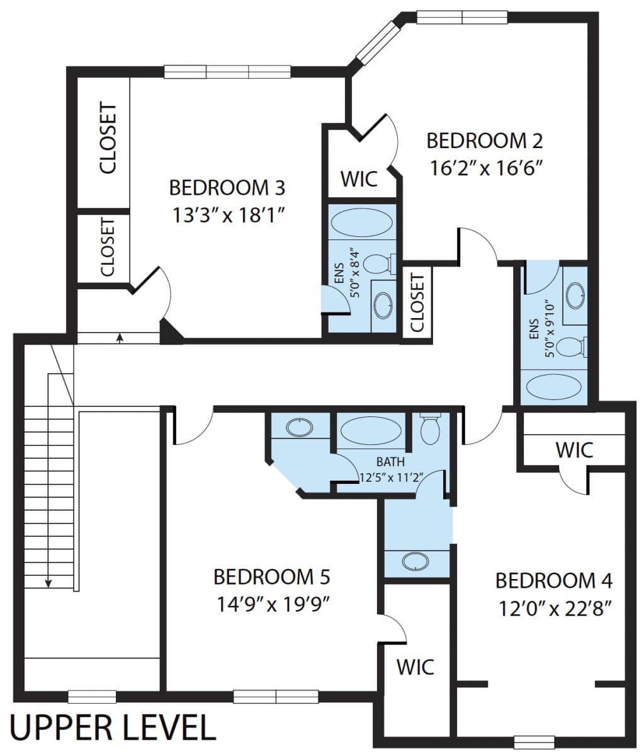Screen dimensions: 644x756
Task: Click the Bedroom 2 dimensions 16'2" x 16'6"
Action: coord(485,169)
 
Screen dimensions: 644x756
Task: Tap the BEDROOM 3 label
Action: coord(227,188)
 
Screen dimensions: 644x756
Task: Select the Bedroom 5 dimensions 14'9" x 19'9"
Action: coord(273,605)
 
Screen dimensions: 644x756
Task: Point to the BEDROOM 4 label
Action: coord(554,581)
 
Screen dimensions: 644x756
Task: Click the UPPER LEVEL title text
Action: coord(113,728)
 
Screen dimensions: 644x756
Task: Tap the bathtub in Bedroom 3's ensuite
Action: coord(361,222)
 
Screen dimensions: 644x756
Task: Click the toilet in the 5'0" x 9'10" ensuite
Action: coord(573,346)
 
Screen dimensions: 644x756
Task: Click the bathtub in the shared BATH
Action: coord(371,430)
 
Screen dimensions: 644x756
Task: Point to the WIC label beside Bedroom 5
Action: coord(415,667)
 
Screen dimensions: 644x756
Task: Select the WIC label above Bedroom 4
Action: coord(574,450)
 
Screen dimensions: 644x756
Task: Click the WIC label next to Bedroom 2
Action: coord(359,179)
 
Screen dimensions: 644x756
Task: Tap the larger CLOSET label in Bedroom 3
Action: coord(108,138)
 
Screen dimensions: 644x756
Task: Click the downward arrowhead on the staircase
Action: coord(48,583)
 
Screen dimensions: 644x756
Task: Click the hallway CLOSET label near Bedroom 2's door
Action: coord(417,303)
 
